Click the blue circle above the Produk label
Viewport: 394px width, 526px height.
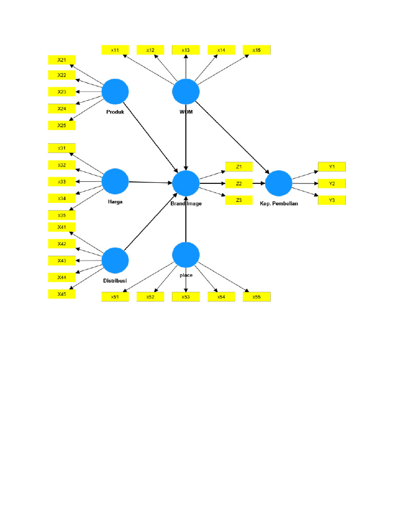click(x=115, y=92)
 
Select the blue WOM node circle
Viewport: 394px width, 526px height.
click(x=186, y=92)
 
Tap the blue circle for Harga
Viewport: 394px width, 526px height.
click(x=115, y=182)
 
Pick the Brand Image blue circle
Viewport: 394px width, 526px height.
click(x=186, y=183)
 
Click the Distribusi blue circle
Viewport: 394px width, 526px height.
click(x=115, y=260)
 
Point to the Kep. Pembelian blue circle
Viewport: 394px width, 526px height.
click(x=279, y=183)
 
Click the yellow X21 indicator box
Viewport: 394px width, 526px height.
click(x=62, y=60)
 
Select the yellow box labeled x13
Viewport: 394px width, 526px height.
click(x=186, y=50)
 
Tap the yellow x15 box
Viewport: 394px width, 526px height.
click(x=257, y=50)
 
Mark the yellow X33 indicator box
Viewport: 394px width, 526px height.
click(x=62, y=181)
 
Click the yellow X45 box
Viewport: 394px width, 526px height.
click(x=62, y=294)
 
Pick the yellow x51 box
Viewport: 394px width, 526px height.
click(x=115, y=296)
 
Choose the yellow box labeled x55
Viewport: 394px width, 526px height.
click(x=257, y=296)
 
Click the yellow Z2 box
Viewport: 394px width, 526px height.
click(x=239, y=183)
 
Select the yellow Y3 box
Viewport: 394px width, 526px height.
click(x=332, y=200)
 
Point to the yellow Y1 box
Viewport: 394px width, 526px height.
click(x=332, y=166)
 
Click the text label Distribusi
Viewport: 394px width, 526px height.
click(x=115, y=280)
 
